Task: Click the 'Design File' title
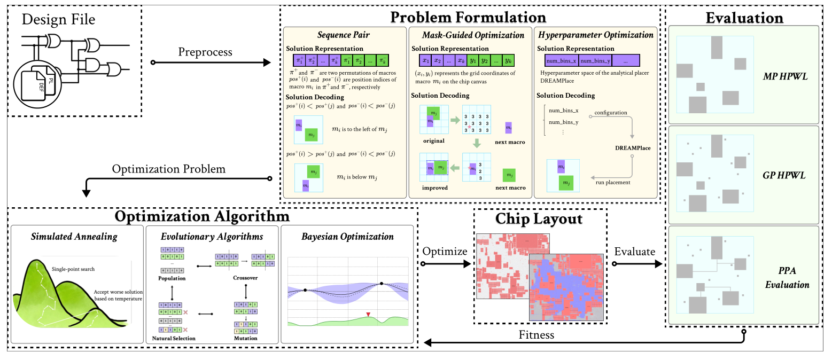pyautogui.click(x=59, y=20)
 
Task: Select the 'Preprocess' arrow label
pyautogui.click(x=205, y=52)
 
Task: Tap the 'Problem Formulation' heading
pyautogui.click(x=468, y=17)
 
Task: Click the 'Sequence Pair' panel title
pyautogui.click(x=343, y=35)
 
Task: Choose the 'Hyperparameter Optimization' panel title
pyautogui.click(x=595, y=35)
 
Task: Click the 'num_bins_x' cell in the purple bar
pyautogui.click(x=561, y=61)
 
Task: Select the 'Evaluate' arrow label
pyautogui.click(x=634, y=251)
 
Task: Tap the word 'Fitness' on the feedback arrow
pyautogui.click(x=536, y=335)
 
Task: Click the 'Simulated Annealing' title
pyautogui.click(x=74, y=236)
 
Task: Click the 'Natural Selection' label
pyautogui.click(x=173, y=338)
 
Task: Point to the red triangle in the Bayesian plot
pyautogui.click(x=368, y=315)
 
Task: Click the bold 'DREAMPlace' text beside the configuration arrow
pyautogui.click(x=633, y=148)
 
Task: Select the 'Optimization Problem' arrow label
pyautogui.click(x=168, y=169)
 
